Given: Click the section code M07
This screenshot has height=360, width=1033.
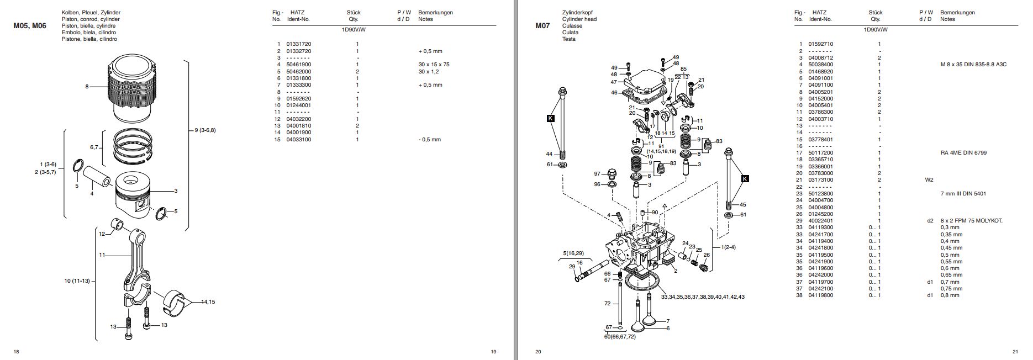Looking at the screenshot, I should (542, 26).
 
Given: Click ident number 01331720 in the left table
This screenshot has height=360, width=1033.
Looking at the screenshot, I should (298, 44).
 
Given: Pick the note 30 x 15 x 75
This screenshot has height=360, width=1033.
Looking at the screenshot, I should (434, 65).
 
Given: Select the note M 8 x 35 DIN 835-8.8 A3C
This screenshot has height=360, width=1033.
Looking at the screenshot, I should (973, 65).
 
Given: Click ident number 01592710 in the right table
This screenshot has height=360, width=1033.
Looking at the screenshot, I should (821, 44).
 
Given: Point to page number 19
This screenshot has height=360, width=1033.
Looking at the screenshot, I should (493, 352).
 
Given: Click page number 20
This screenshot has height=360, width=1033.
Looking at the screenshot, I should (538, 352).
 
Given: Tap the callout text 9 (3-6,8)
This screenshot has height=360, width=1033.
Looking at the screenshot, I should (205, 130).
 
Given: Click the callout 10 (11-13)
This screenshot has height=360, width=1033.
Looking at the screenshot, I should (77, 281).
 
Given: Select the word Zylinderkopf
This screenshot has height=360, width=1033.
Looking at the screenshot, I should (577, 13).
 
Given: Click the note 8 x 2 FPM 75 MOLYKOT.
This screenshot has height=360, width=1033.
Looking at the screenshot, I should (971, 221).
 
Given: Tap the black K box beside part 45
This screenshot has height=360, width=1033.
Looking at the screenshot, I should (744, 179).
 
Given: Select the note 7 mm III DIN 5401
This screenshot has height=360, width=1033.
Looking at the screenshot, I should (963, 194).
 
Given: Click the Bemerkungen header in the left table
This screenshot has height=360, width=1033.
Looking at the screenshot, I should (435, 13).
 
